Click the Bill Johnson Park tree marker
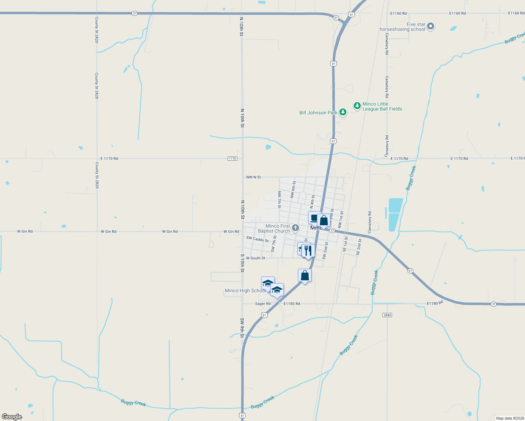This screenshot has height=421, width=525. (x=343, y=112)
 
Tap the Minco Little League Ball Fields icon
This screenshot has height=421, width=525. (x=357, y=106)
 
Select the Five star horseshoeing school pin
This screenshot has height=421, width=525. (x=431, y=26)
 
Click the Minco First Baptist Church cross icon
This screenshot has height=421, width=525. (x=295, y=228)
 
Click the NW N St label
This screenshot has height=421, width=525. (x=253, y=177)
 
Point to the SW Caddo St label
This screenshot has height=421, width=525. (x=257, y=239)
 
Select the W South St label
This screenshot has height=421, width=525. (x=255, y=258)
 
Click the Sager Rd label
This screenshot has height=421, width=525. (x=263, y=304)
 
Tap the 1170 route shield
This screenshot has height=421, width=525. (x=232, y=159)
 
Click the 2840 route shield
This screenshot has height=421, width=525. (x=387, y=315)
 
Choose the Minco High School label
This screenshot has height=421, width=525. (x=245, y=291)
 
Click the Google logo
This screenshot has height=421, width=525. (x=12, y=417)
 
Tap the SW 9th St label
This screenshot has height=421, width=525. (x=242, y=328)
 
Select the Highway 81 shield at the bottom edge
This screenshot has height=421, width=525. (x=242, y=416)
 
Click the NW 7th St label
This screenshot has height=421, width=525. (x=279, y=200)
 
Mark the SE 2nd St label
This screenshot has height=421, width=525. (x=359, y=247)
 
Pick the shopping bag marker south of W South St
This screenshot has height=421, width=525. (x=305, y=276)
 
